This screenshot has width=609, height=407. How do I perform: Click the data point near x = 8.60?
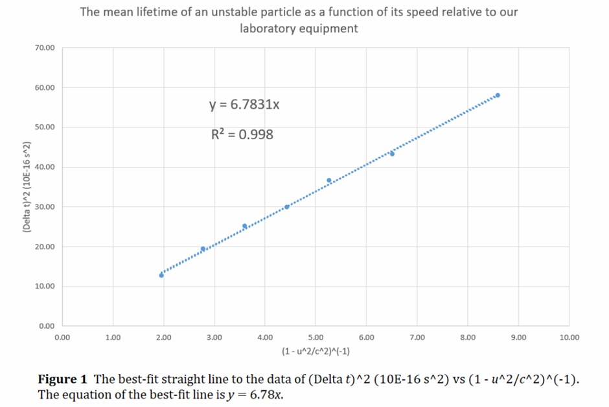(498, 95)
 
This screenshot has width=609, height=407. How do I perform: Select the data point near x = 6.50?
(392, 153)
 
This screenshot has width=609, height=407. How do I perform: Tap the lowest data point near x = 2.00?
(161, 275)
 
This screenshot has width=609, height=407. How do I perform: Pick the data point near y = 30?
(287, 207)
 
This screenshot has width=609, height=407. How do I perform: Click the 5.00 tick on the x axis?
(316, 337)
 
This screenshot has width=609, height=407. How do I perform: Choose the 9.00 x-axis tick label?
(518, 337)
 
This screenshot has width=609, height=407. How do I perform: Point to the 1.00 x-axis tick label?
(113, 337)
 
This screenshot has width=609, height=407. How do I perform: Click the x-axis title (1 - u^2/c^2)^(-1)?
(316, 351)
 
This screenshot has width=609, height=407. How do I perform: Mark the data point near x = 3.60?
(245, 226)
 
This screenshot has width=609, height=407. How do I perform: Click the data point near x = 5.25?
(329, 181)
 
